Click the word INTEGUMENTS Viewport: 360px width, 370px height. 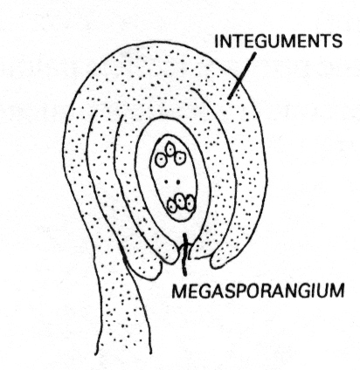(x=278, y=41)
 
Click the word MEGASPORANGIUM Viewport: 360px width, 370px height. (x=258, y=291)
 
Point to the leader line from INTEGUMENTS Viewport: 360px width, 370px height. (x=242, y=76)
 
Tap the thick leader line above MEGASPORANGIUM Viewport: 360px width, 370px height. (x=184, y=254)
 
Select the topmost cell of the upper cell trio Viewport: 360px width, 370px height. (x=170, y=148)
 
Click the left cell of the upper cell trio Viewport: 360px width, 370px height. (x=161, y=160)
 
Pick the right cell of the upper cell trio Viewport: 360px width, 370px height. (x=180, y=158)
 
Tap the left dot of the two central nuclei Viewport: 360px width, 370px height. (x=167, y=182)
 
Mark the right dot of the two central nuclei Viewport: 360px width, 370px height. (x=178, y=182)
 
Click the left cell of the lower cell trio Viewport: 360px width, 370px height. (x=172, y=205)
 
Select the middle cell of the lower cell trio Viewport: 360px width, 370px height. (x=181, y=202)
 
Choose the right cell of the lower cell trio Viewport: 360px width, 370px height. (x=190, y=202)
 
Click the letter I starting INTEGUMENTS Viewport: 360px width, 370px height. (x=216, y=41)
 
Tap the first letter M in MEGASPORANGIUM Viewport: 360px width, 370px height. (x=178, y=291)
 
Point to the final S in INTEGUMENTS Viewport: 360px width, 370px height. (x=336, y=41)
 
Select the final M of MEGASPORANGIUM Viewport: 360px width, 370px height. (x=337, y=291)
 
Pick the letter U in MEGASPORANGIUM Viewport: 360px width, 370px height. (x=322, y=291)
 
